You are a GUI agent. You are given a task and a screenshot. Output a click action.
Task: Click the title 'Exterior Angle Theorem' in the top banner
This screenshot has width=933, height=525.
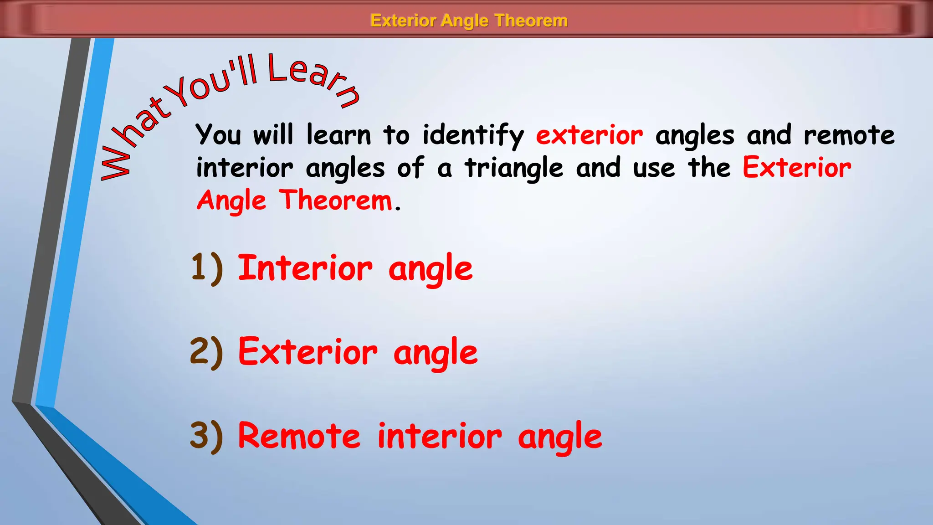click(469, 21)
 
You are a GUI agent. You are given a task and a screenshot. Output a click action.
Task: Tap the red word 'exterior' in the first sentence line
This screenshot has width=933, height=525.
click(590, 135)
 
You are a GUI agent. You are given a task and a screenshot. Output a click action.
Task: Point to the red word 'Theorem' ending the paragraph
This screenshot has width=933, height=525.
click(336, 200)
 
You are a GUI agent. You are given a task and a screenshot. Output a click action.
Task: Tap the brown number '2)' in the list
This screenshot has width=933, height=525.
click(207, 352)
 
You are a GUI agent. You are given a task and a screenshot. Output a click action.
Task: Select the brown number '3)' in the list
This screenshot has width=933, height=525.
click(207, 436)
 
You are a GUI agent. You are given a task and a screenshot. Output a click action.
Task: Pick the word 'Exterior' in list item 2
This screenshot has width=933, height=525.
click(308, 352)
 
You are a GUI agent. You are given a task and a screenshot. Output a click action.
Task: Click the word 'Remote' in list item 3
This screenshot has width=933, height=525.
click(299, 436)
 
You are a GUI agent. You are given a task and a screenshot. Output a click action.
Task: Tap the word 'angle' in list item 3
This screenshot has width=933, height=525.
click(560, 437)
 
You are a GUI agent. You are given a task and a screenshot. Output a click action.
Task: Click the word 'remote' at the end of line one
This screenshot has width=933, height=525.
click(849, 135)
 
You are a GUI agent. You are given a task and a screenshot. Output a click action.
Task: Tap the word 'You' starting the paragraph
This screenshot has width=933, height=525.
click(218, 135)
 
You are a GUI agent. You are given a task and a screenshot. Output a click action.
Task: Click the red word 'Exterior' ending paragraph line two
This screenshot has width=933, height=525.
click(797, 168)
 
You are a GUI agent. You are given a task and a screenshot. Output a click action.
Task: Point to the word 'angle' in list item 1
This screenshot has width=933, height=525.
click(431, 269)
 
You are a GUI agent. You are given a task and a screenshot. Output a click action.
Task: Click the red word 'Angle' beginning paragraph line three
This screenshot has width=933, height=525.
click(231, 201)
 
